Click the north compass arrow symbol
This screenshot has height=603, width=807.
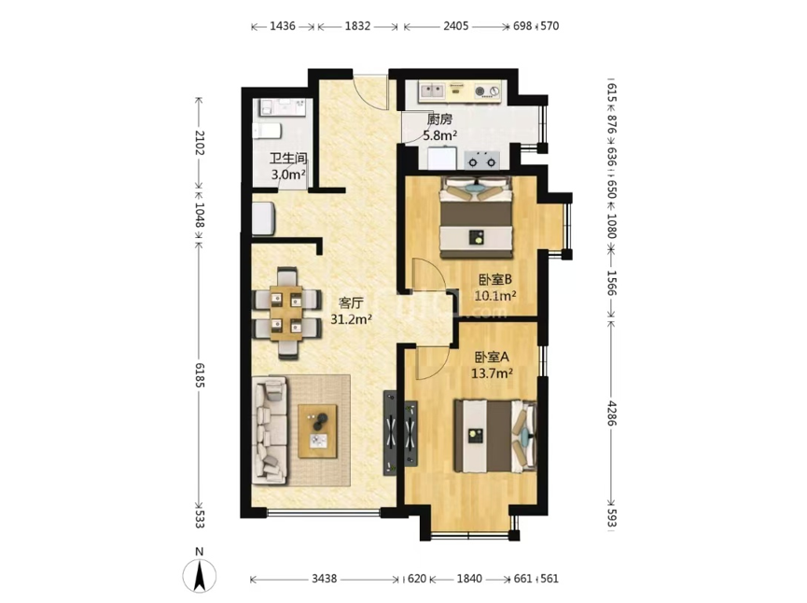pyautogui.click(x=200, y=575)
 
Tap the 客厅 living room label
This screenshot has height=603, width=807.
pyautogui.click(x=351, y=302)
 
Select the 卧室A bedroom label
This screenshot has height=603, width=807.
pyautogui.click(x=492, y=357)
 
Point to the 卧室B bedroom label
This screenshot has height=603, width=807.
pyautogui.click(x=495, y=280)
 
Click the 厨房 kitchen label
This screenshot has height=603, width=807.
pyautogui.click(x=440, y=119)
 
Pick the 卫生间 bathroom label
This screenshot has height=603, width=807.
pyautogui.click(x=288, y=159)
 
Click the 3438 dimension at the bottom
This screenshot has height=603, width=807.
pyautogui.click(x=325, y=579)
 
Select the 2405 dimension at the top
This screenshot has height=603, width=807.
pyautogui.click(x=456, y=26)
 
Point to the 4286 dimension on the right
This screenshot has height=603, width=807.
pyautogui.click(x=611, y=413)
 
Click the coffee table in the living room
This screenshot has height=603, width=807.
pyautogui.click(x=317, y=431)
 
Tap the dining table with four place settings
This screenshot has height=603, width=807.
pyautogui.click(x=286, y=313)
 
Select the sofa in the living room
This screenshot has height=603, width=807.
pyautogui.click(x=270, y=430)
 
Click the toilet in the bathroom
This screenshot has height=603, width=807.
pyautogui.click(x=267, y=131)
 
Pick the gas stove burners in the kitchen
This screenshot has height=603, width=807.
pyautogui.click(x=482, y=161)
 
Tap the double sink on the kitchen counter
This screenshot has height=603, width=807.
pyautogui.click(x=432, y=91)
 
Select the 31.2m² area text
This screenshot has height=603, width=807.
pyautogui.click(x=352, y=319)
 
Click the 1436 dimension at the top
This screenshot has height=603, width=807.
pyautogui.click(x=283, y=26)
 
